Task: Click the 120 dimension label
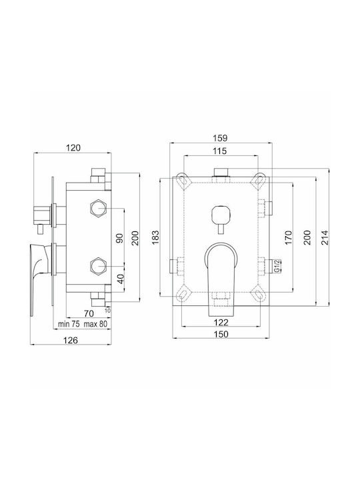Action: point(73,148)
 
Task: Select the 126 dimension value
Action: point(71,340)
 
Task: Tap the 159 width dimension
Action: point(221,138)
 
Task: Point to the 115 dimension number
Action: point(220,151)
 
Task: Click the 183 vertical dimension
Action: point(155,237)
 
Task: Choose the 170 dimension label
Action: point(289,237)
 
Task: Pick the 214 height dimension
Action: point(325,237)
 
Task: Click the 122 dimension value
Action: point(221,323)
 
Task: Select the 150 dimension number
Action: point(221,334)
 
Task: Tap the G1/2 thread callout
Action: point(277,266)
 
